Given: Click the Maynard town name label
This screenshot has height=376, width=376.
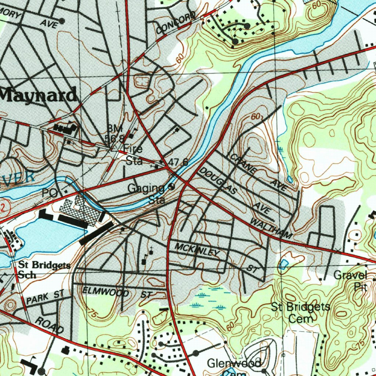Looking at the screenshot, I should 38,95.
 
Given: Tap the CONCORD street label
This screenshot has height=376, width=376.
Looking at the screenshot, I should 176,23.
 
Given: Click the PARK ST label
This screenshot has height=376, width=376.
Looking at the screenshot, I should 45,297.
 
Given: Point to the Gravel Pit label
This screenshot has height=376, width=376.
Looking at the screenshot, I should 351,281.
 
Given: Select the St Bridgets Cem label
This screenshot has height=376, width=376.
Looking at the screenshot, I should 301,312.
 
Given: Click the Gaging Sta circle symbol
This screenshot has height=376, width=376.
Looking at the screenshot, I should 171,186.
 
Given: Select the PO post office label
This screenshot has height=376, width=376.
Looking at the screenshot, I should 50,192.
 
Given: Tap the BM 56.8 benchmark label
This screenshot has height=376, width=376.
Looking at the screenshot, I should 115,134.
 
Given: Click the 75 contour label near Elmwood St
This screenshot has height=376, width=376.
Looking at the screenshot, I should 94,313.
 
